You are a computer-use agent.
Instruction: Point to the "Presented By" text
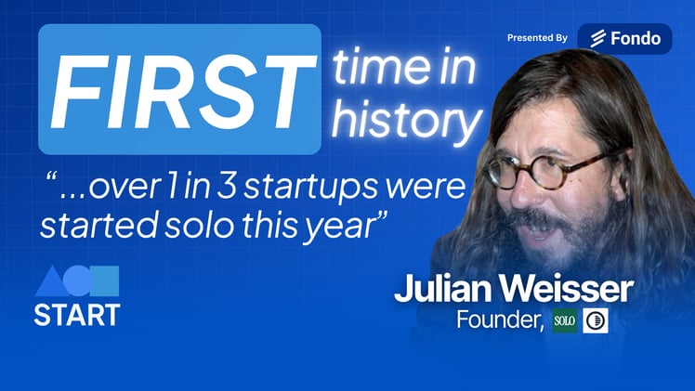(x=537, y=38)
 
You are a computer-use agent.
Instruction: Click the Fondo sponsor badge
(x=624, y=38)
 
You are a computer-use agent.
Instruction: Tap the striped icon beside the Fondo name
(x=597, y=39)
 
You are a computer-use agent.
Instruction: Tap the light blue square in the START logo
(x=104, y=280)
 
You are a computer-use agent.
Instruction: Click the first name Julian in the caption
(x=442, y=289)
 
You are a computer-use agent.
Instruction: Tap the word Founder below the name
(x=497, y=320)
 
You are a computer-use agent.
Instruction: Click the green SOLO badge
(x=564, y=321)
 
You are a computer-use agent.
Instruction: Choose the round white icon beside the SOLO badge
(x=595, y=321)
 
